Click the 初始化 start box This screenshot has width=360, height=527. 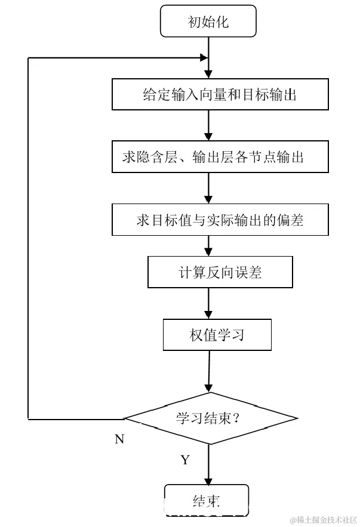tap(208, 21)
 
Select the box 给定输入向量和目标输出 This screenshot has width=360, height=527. tap(220, 95)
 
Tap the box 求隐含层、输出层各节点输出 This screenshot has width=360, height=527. tap(220, 157)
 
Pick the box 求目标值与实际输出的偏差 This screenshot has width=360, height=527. tap(220, 220)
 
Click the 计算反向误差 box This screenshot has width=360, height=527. tap(220, 273)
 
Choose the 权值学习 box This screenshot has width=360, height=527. tap(217, 335)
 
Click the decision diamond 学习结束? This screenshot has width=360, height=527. tap(210, 417)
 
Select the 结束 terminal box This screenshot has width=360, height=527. tap(207, 500)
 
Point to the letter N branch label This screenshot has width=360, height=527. tap(119, 439)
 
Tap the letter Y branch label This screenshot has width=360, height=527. tap(185, 460)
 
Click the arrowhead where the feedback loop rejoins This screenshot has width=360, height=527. tap(204, 58)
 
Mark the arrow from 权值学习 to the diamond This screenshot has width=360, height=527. tap(208, 371)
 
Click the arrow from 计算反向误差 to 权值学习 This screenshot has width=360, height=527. tap(208, 304)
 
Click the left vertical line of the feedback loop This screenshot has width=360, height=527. tap(28, 239)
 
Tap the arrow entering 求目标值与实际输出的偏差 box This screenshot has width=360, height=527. tap(208, 189)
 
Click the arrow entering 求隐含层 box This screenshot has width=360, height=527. tap(208, 126)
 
